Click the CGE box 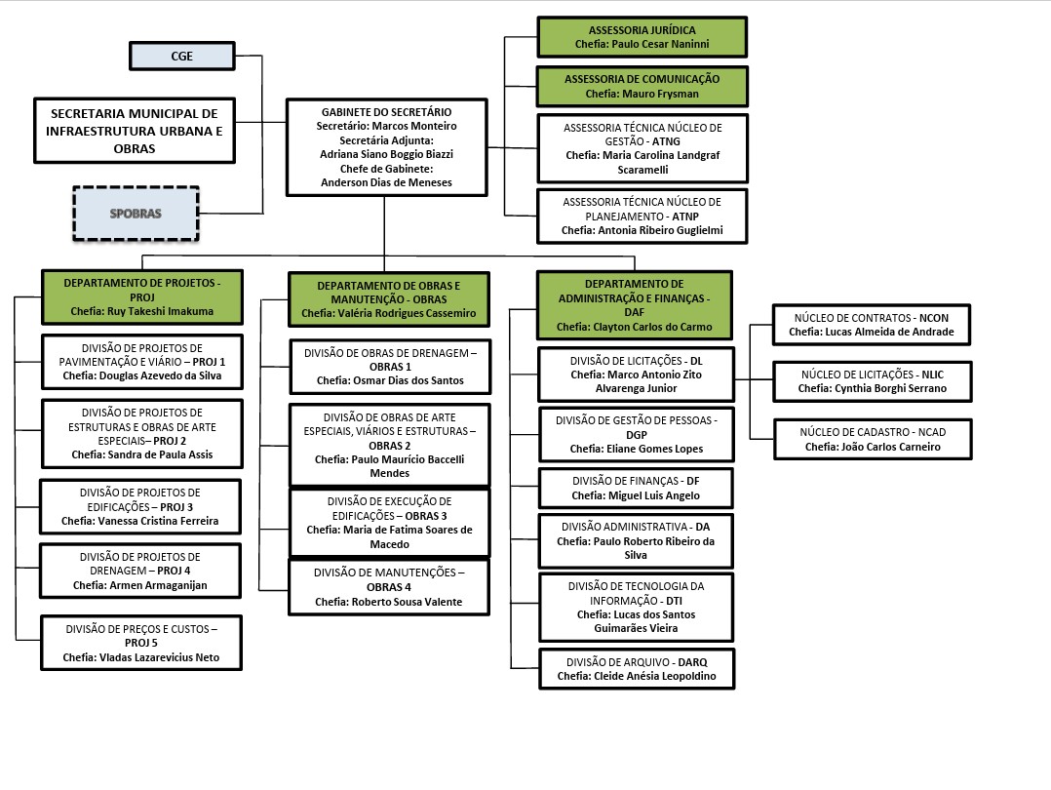[x=181, y=57]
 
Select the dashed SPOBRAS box [x=136, y=214]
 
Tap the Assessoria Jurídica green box [x=642, y=37]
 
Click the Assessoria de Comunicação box [x=642, y=87]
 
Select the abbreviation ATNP [x=685, y=217]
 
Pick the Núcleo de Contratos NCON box [x=872, y=325]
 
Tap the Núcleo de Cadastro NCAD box [x=873, y=439]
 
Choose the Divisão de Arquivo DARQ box [x=637, y=669]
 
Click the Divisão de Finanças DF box [x=636, y=489]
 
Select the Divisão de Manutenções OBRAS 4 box [x=389, y=587]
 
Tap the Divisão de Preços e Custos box [x=141, y=643]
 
